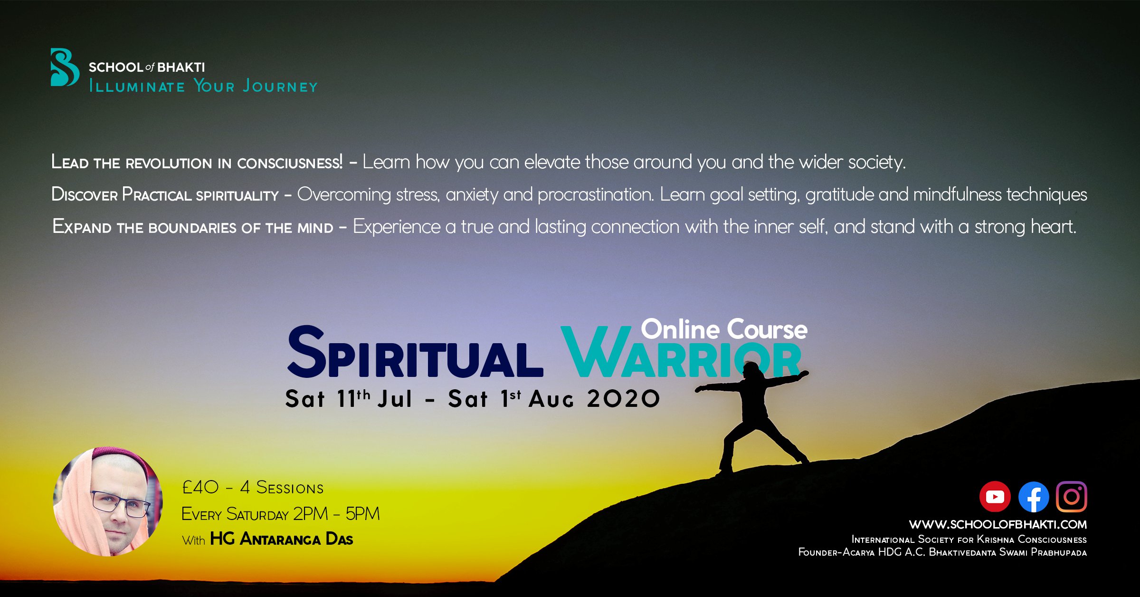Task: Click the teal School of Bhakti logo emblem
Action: (65, 67)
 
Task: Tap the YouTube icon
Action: (995, 497)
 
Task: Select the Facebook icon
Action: (1034, 497)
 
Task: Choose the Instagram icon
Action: (1071, 497)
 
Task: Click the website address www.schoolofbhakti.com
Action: (997, 524)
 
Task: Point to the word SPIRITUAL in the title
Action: (415, 352)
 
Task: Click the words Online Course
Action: (724, 329)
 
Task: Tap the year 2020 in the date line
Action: (623, 398)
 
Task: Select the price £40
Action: (200, 487)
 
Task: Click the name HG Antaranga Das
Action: (282, 539)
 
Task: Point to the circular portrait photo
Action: (108, 501)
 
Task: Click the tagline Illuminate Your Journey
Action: (203, 86)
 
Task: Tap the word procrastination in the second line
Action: (596, 195)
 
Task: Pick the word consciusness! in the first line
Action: (290, 163)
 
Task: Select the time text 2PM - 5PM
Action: (336, 514)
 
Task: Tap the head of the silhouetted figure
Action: (750, 369)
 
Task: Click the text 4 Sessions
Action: (282, 487)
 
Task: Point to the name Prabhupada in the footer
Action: (1059, 552)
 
